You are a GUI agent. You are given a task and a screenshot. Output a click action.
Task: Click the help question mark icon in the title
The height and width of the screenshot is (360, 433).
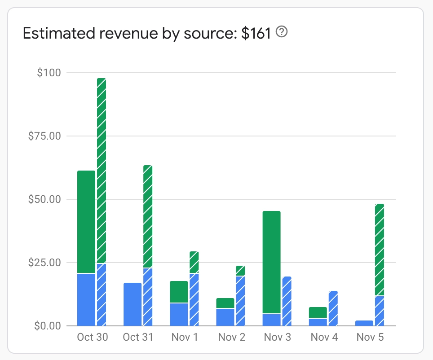[282, 32]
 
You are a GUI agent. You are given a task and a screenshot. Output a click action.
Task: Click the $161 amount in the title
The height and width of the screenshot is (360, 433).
[256, 33]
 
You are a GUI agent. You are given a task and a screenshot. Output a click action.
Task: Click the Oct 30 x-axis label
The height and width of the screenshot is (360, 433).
[92, 337]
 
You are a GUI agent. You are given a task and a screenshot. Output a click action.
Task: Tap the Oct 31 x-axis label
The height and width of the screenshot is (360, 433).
[138, 337]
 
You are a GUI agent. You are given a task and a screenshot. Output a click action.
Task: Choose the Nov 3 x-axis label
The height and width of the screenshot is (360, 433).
[277, 337]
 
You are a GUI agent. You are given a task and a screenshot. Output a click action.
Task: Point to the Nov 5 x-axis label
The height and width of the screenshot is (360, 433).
[370, 337]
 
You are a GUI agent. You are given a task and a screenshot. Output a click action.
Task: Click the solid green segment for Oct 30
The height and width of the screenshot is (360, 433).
[86, 222]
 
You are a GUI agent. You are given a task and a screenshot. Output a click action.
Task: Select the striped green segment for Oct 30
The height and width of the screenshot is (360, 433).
[102, 171]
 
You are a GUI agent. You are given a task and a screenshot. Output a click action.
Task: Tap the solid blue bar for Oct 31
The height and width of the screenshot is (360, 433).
[133, 304]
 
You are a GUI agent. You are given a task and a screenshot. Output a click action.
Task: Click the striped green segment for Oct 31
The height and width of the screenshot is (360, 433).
[148, 216]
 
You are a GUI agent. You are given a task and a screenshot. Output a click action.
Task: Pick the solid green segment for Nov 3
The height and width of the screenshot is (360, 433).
[271, 262]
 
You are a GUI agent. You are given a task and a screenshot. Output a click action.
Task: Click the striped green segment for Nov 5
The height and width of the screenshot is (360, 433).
[379, 250]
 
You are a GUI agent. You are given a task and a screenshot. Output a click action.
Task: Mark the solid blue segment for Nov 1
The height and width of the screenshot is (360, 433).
[179, 314]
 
